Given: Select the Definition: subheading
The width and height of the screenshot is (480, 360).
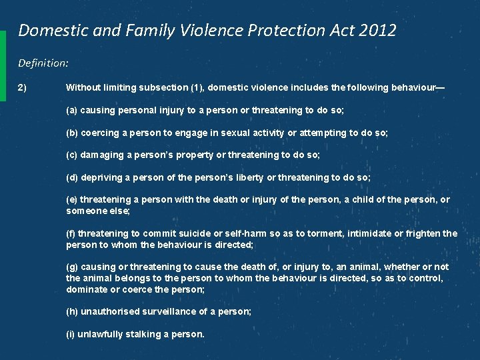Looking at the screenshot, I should [43, 63].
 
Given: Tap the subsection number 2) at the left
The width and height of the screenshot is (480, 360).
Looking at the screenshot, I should [23, 87].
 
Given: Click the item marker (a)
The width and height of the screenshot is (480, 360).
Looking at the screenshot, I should [71, 110].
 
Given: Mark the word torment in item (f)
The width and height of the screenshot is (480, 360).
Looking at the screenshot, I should [319, 233].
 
